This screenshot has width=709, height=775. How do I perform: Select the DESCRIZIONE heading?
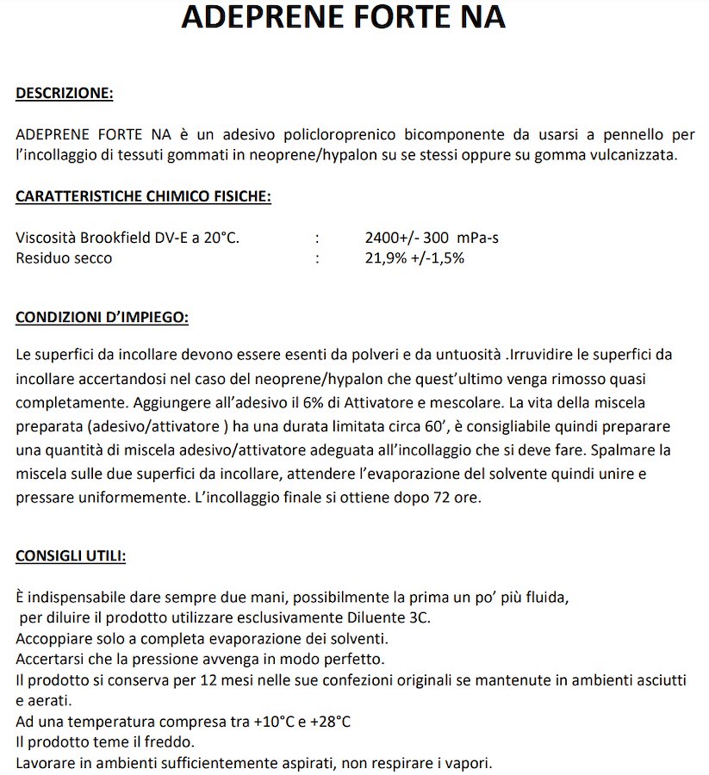(65, 93)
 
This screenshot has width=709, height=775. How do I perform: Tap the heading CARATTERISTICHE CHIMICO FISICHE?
(143, 196)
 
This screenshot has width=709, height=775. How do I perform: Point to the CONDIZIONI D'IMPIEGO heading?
(102, 317)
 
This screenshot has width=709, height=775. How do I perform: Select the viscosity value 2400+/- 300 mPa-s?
(432, 238)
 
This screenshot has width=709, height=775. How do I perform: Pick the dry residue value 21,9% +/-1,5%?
(414, 257)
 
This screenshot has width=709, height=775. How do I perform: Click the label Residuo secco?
(64, 257)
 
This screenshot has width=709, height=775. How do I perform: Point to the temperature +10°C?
(274, 722)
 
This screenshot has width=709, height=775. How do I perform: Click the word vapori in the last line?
(469, 763)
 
